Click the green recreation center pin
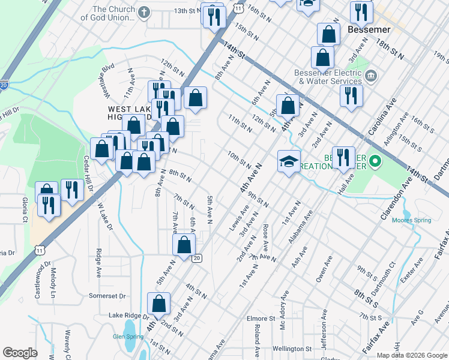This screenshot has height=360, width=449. (x=375, y=161)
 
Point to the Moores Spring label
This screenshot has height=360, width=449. (x=411, y=220)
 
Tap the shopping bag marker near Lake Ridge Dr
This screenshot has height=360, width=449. (x=158, y=304)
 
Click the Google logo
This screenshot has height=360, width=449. (x=20, y=352)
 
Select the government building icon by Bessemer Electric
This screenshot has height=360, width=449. (x=370, y=76)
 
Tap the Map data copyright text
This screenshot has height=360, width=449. (x=411, y=355)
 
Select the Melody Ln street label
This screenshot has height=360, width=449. (x=53, y=283)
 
